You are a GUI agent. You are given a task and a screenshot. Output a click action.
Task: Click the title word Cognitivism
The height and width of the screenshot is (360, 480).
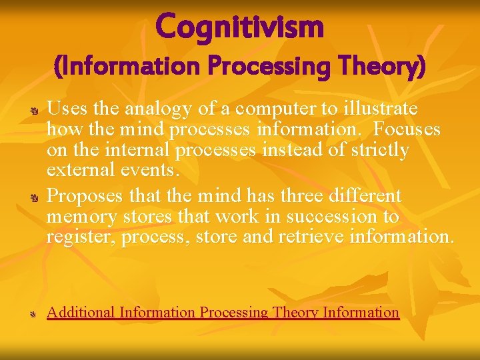(x=240, y=27)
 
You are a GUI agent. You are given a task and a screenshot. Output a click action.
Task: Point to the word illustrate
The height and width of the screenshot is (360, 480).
(x=377, y=109)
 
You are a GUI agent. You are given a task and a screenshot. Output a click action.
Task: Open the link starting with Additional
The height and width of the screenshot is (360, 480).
(x=223, y=312)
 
